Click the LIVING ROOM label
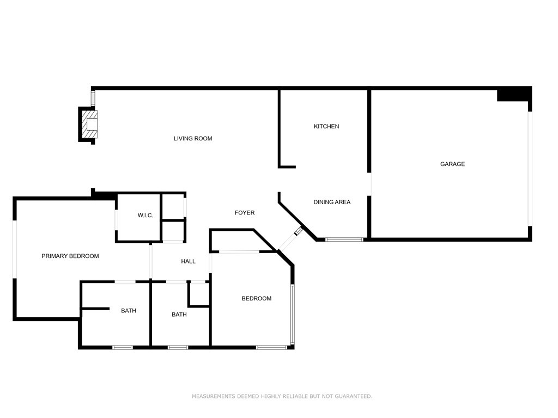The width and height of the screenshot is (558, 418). pyautogui.click(x=193, y=139)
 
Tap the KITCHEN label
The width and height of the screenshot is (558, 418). pyautogui.click(x=326, y=126)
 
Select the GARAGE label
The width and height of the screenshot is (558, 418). pyautogui.click(x=452, y=164)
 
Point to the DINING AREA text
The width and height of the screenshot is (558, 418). pyautogui.click(x=332, y=202)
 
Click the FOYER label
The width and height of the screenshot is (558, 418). pyautogui.click(x=245, y=213)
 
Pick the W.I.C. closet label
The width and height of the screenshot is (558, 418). pyautogui.click(x=145, y=216)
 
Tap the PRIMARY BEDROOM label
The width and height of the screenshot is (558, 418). pyautogui.click(x=70, y=256)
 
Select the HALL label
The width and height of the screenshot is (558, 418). pyautogui.click(x=188, y=262)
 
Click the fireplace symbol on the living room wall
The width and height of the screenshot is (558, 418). pyautogui.click(x=90, y=125)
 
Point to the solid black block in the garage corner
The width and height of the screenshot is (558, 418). pyautogui.click(x=513, y=95)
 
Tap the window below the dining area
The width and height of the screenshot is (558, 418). pyautogui.click(x=344, y=239)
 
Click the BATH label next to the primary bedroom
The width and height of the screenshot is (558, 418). pyautogui.click(x=129, y=311)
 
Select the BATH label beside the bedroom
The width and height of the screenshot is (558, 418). pyautogui.click(x=179, y=315)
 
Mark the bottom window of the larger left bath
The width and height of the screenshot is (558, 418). pyautogui.click(x=123, y=347)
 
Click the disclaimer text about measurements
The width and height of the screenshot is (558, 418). pyautogui.click(x=282, y=396)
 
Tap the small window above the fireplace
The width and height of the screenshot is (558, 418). pyautogui.click(x=93, y=99)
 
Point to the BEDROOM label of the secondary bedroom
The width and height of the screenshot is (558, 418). pyautogui.click(x=256, y=298)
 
